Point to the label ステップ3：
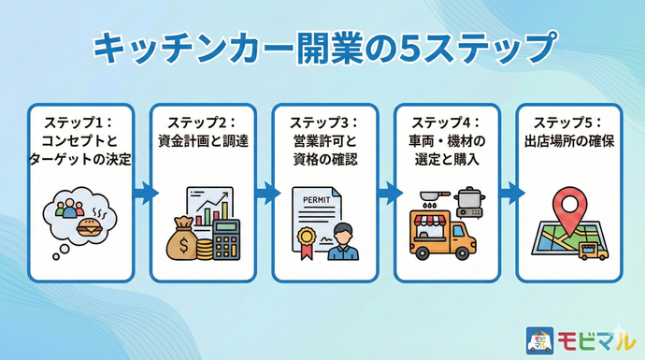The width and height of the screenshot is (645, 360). click(x=323, y=123)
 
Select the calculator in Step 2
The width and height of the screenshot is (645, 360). click(x=225, y=240)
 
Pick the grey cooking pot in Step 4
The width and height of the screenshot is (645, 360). click(x=466, y=199)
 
